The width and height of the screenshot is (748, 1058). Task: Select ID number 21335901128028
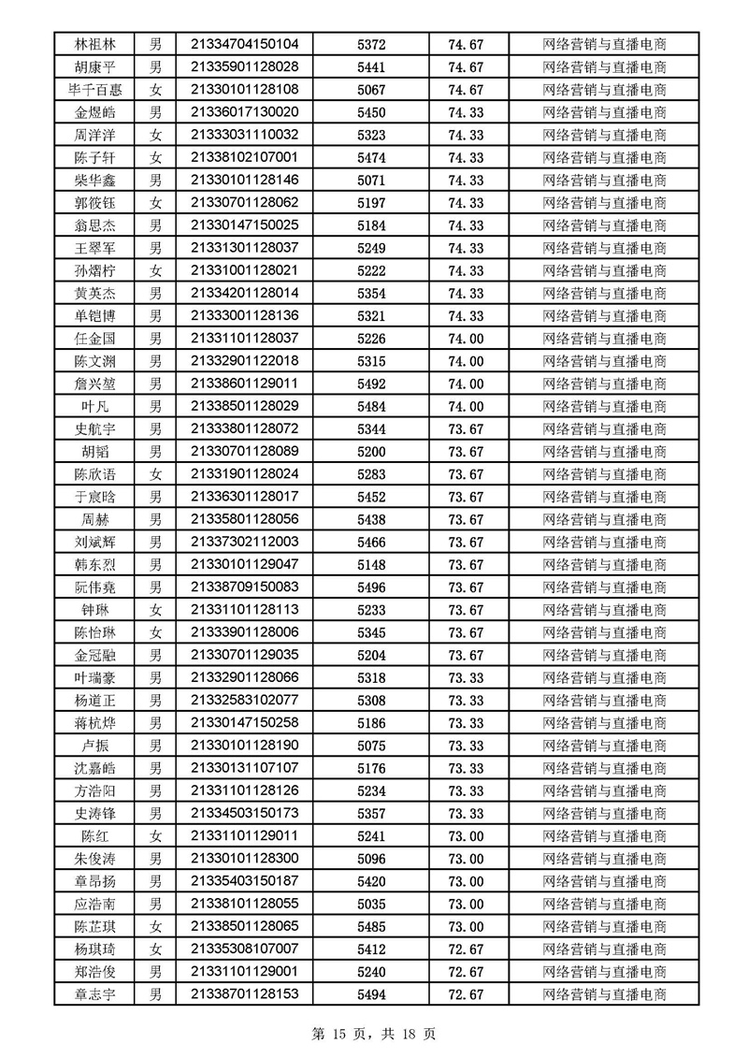click(x=244, y=66)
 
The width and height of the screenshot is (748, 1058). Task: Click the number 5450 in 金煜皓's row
click(x=371, y=112)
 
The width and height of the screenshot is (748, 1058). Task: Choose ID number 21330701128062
click(x=244, y=202)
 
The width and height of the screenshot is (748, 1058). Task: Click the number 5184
click(x=371, y=225)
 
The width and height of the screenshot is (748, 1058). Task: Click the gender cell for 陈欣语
click(x=156, y=474)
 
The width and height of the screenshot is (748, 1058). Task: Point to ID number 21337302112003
click(x=244, y=542)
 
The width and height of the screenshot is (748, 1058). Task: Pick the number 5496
click(x=371, y=587)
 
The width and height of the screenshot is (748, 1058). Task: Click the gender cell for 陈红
click(x=156, y=836)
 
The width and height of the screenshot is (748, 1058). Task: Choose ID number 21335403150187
click(x=244, y=881)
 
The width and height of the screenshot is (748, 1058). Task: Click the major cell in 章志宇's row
click(x=605, y=994)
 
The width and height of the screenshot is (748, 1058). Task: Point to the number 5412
click(x=371, y=949)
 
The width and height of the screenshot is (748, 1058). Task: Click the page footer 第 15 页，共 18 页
click(x=374, y=1035)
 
